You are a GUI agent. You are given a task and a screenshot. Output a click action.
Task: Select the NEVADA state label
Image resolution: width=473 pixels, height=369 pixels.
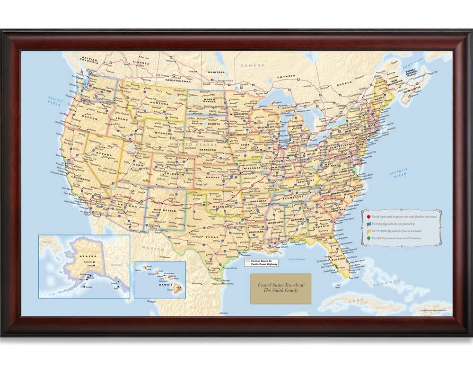[x=105, y=155]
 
